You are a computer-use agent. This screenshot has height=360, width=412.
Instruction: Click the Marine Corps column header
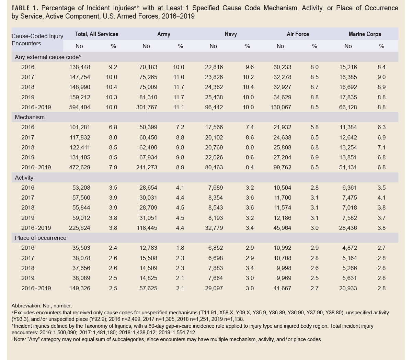point(365,34)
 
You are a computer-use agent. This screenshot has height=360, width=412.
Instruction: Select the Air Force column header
point(298,34)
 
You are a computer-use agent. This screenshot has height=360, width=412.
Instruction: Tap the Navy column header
point(230,34)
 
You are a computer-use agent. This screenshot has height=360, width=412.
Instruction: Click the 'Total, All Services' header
point(96,34)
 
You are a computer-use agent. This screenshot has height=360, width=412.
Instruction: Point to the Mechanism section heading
point(30,117)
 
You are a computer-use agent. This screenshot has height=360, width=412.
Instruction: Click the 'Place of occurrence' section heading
point(41,238)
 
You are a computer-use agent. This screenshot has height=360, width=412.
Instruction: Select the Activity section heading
point(24,178)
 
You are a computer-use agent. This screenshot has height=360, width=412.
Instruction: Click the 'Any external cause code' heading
point(47,57)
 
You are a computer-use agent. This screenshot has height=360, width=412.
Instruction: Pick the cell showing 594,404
point(80,107)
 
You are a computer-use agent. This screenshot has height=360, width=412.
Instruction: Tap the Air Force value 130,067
point(281,107)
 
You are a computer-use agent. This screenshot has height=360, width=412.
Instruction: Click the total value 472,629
point(80,167)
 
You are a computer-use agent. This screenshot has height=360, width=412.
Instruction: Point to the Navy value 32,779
point(214,228)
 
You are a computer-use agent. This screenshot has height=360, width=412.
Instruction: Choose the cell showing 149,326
point(80,288)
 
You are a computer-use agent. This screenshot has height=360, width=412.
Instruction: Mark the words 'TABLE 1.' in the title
point(25,8)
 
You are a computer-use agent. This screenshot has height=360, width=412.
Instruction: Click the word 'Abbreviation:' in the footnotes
point(27,305)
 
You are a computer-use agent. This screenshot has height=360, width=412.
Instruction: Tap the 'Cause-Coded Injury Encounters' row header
point(37,40)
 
